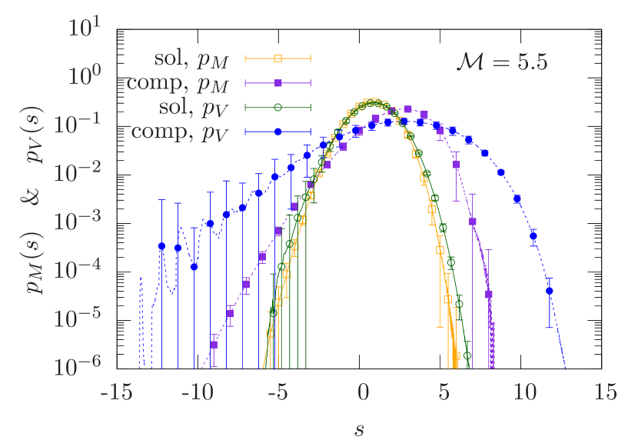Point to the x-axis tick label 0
(364, 392)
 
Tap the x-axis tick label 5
(444, 392)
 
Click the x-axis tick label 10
(525, 392)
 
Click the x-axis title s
(359, 429)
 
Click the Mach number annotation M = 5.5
(501, 62)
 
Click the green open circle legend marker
(278, 107)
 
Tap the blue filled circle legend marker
(278, 132)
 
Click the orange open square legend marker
(278, 58)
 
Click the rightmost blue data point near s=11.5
(550, 292)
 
